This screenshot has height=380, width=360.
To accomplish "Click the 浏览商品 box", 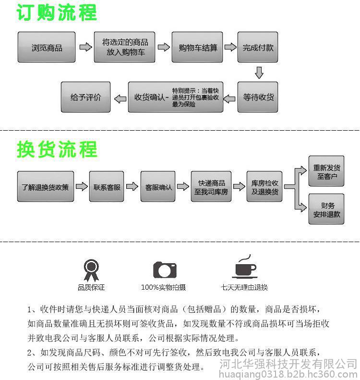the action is point(47,47).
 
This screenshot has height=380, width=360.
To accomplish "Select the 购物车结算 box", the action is point(197,47).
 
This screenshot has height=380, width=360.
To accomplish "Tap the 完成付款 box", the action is point(258,47).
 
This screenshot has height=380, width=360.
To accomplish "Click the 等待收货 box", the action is point(258,97).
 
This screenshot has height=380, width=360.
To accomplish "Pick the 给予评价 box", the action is point(86,97).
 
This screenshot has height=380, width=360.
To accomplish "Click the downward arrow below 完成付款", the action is point(259,73).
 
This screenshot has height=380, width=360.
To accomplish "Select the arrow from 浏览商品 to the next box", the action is point(86,47).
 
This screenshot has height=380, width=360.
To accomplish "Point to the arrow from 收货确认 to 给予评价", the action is point(120,98).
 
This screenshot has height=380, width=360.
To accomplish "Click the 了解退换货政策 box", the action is point(46,186).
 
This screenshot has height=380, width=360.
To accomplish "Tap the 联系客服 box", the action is point(107,186).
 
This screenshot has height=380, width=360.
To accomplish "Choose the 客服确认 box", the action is point(158,186).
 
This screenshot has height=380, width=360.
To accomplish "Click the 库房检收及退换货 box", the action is point(264,186).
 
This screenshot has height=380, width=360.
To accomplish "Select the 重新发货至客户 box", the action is point(326,171).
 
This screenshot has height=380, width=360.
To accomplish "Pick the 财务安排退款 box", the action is point(326,209).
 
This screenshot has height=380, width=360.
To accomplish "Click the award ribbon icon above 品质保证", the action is point(91,270).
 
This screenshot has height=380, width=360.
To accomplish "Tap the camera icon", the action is point(165,270).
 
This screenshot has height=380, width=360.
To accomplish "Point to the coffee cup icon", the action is point(245,267).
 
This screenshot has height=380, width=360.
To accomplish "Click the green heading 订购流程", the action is point(57,12).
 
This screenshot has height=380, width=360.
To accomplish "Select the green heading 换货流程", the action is point(57,149).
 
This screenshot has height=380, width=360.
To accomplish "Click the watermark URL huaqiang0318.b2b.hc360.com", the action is point(288,374).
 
